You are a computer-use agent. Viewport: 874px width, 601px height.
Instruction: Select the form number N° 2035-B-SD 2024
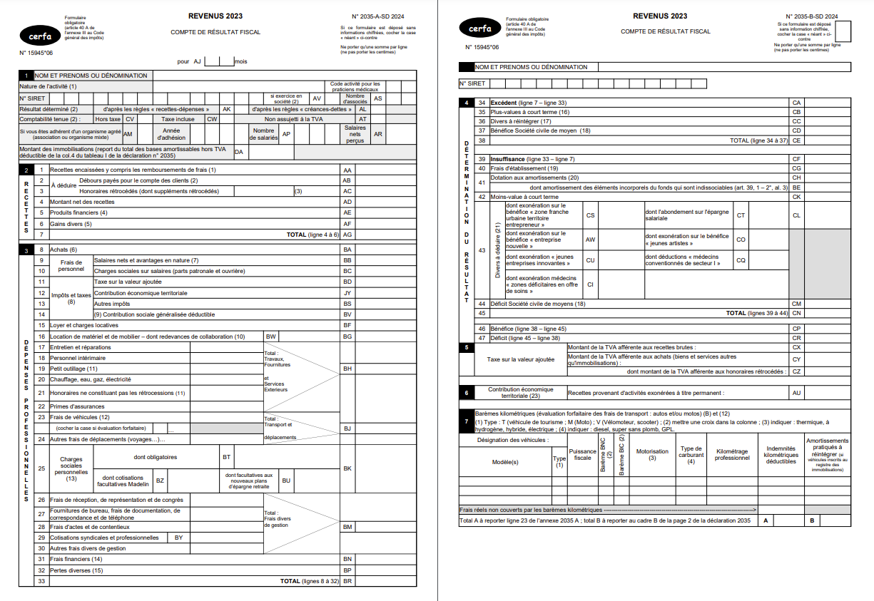[x=811, y=16]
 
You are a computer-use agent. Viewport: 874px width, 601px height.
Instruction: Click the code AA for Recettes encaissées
[x=347, y=170]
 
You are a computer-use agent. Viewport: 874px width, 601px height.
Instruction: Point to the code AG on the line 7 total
[x=347, y=235]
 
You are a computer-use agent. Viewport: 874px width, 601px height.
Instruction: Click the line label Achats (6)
[x=63, y=250]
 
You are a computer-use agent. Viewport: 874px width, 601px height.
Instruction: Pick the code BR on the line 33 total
[x=347, y=581]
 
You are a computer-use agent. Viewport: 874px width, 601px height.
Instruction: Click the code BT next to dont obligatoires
[x=227, y=457]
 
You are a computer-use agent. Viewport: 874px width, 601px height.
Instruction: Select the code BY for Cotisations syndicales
[x=178, y=538]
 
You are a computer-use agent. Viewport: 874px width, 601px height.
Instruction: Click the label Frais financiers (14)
[x=76, y=559]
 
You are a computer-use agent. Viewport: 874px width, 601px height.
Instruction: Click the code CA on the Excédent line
[x=797, y=103]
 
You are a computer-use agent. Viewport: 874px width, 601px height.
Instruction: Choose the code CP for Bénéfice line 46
[x=797, y=329]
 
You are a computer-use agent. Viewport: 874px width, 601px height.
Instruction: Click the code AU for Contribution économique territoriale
[x=797, y=393]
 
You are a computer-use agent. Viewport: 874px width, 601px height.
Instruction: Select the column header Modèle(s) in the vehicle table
[x=505, y=461]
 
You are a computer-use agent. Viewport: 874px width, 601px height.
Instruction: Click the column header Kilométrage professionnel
[x=732, y=454]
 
